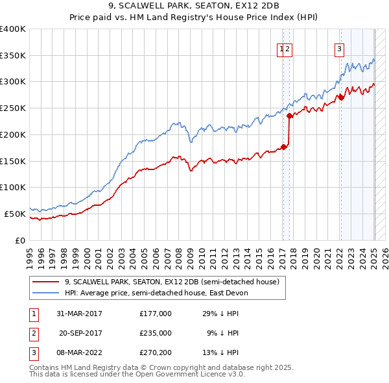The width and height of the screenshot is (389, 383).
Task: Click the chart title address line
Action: pyautogui.click(x=194, y=6)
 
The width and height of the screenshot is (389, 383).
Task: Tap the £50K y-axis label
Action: pyautogui.click(x=15, y=214)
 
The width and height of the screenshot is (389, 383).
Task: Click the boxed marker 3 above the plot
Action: pyautogui.click(x=339, y=47)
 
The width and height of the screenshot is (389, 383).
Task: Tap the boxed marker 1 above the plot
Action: pyautogui.click(x=282, y=47)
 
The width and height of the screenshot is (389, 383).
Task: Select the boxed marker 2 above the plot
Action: pyautogui.click(x=288, y=47)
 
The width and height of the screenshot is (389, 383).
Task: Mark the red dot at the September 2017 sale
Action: pyautogui.click(x=289, y=116)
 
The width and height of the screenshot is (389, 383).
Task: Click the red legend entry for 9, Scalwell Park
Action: pyautogui.click(x=172, y=282)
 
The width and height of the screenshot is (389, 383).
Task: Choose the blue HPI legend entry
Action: pyautogui.click(x=156, y=293)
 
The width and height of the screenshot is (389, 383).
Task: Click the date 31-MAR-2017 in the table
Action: pyautogui.click(x=79, y=314)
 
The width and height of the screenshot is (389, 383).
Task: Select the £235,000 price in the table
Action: pyautogui.click(x=156, y=333)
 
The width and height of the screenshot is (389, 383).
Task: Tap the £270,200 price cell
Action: pyautogui.click(x=156, y=352)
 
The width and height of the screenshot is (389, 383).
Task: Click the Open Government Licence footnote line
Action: pyautogui.click(x=137, y=375)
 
